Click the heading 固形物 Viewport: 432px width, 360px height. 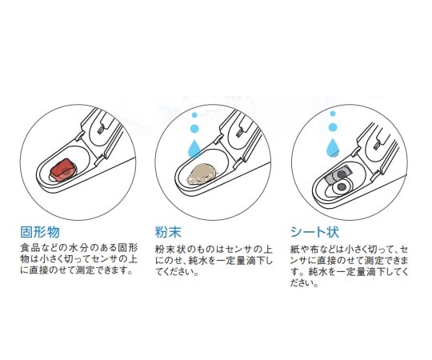click(x=40, y=232)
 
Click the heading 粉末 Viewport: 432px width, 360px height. click(x=168, y=232)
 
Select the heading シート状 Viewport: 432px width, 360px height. click(x=314, y=232)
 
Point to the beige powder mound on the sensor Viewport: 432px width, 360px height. click(x=202, y=174)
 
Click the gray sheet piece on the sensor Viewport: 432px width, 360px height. click(x=338, y=176)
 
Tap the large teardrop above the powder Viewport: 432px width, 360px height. click(x=194, y=149)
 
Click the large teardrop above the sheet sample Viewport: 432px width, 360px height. click(x=333, y=147)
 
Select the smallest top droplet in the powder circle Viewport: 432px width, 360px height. click(x=194, y=115)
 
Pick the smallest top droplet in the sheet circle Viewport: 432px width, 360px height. click(x=333, y=114)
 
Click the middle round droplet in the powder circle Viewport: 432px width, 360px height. click(x=194, y=128)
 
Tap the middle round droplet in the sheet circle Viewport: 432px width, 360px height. click(x=333, y=127)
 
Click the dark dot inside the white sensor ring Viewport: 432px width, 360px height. click(x=342, y=187)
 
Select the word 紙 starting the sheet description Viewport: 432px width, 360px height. click(x=294, y=250)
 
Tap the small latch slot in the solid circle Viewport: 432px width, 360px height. click(x=101, y=129)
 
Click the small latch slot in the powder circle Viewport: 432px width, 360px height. click(x=239, y=134)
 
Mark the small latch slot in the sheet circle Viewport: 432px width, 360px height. click(x=377, y=144)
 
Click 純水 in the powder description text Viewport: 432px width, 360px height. click(x=197, y=261)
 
